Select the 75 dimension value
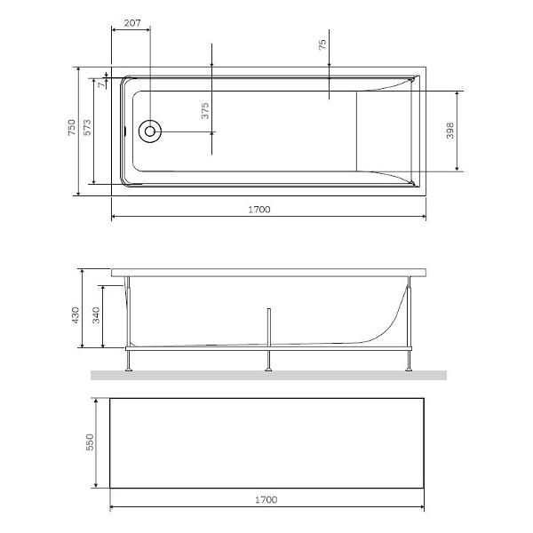tap(322, 43)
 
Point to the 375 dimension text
tap(205, 111)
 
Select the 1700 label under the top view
tap(259, 210)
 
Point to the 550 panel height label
tap(88, 442)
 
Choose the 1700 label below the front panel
tap(265, 499)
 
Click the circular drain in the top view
tap(150, 131)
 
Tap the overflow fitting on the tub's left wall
tap(126, 131)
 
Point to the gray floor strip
tap(266, 376)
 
